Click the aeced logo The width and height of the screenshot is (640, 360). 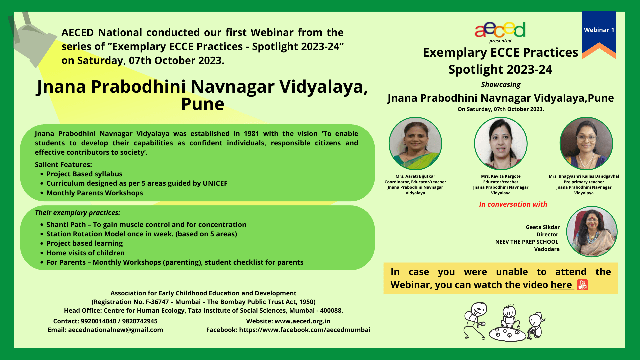tap(500, 30)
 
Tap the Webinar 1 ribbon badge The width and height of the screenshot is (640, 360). tap(599, 35)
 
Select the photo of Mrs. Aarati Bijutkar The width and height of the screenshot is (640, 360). tap(415, 143)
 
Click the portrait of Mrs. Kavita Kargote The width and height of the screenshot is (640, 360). tap(501, 143)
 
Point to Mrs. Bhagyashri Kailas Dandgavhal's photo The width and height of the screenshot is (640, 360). tap(586, 143)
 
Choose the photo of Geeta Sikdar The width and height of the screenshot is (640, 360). tap(592, 232)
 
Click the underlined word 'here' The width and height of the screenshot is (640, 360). tap(561, 285)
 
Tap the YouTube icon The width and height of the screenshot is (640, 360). tap(582, 285)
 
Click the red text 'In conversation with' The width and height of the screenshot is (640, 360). tap(513, 204)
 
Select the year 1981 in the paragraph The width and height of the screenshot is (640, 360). tap(251, 134)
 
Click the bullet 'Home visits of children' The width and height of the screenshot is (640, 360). tap(86, 253)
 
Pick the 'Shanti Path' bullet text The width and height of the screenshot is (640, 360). tap(146, 225)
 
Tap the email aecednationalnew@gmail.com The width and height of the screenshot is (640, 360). tap(116, 330)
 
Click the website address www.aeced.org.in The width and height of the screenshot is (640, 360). tap(302, 321)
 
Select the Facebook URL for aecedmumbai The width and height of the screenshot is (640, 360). tap(305, 330)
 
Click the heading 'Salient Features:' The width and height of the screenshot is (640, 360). tap(63, 165)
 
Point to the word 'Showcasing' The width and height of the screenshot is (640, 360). tap(501, 85)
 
